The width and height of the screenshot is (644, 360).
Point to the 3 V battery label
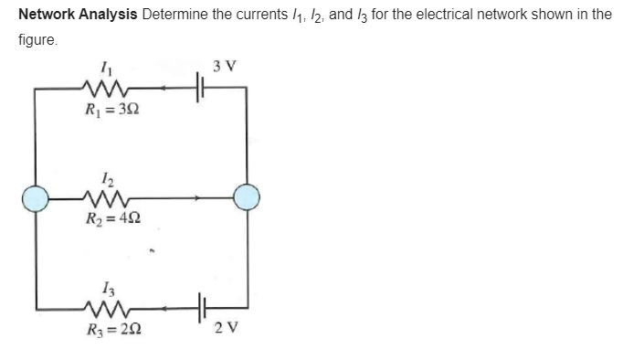click(224, 66)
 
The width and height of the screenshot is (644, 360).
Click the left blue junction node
click(37, 196)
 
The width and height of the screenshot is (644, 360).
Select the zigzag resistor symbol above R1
click(108, 90)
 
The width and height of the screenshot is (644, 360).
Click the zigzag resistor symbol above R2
click(108, 196)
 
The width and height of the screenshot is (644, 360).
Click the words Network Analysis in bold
click(77, 16)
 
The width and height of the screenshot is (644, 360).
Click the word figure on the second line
click(37, 41)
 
